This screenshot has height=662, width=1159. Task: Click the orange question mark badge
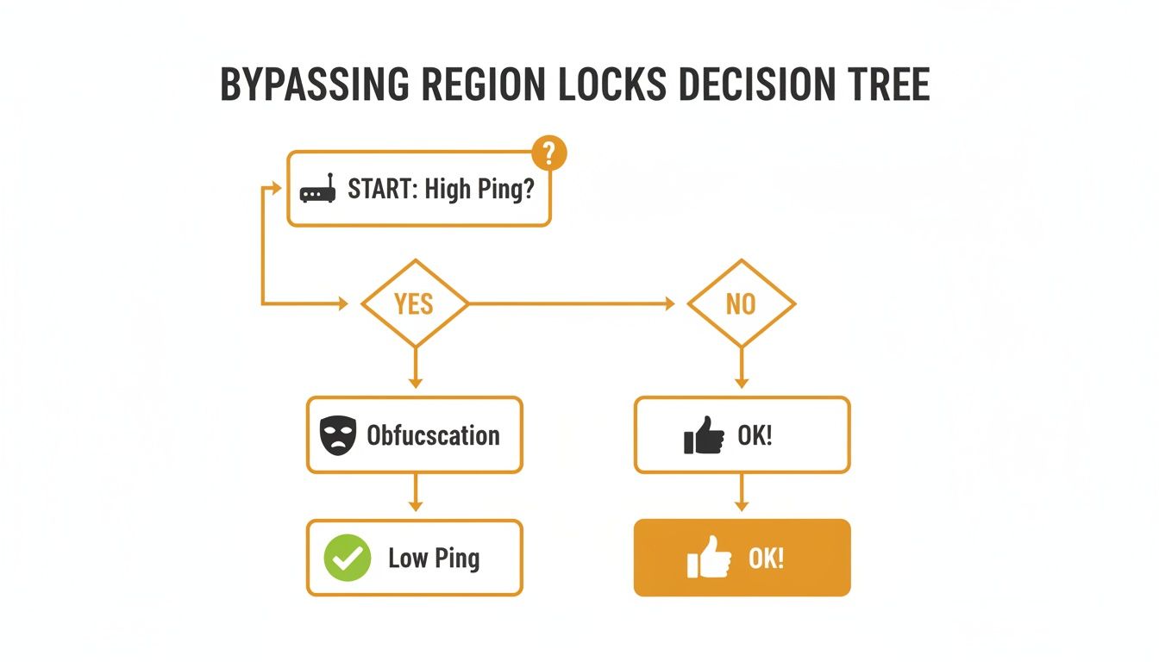[549, 153]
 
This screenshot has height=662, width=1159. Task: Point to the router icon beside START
[316, 191]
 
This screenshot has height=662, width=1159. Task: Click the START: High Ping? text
[441, 190]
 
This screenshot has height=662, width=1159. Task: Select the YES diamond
[414, 303]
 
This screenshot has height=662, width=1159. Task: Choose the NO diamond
[741, 303]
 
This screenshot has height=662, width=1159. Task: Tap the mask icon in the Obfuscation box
[337, 436]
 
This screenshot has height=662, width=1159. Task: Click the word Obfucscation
[433, 435]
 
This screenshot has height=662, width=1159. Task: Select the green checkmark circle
[347, 558]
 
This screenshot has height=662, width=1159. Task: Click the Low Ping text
[434, 558]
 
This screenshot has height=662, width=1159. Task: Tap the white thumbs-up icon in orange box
[709, 557]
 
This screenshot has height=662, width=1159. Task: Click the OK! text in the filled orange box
[766, 558]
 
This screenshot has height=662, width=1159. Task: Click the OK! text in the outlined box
[755, 435]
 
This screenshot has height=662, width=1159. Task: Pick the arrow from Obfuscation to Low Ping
[415, 495]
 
